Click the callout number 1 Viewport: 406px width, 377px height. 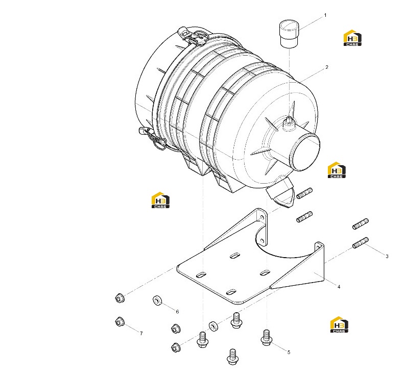(x=325, y=15)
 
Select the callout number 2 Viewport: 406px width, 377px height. (x=327, y=67)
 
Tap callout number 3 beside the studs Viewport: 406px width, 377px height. (x=387, y=256)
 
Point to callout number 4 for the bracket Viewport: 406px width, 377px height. (x=339, y=287)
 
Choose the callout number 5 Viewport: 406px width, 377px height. (x=289, y=352)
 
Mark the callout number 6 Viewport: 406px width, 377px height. (x=177, y=312)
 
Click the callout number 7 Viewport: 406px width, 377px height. (x=141, y=334)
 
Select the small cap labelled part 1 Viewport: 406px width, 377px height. (x=289, y=35)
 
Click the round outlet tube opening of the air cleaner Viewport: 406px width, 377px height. (x=306, y=153)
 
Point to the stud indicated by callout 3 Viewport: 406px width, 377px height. (x=360, y=243)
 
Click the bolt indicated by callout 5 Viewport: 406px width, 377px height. (x=266, y=338)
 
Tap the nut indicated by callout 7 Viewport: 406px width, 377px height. (x=120, y=321)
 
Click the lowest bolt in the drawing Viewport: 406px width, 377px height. (x=232, y=357)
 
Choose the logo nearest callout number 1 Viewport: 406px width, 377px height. (x=352, y=38)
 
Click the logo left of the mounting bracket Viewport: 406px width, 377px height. (x=160, y=200)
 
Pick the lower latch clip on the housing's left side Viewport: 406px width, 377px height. (x=152, y=137)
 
